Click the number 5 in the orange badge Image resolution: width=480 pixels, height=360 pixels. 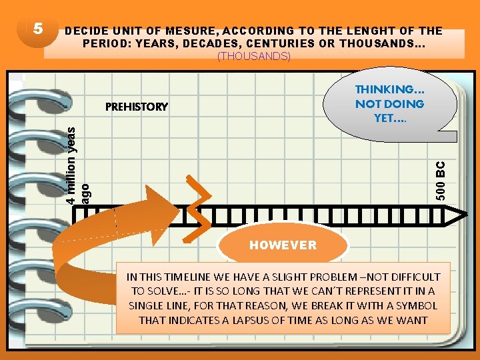coord(38,29)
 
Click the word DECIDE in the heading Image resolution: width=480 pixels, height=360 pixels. coord(86,31)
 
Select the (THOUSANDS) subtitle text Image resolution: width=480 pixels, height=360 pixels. coord(254,57)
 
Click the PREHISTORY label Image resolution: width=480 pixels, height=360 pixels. coord(137,107)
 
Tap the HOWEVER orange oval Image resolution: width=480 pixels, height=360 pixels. coord(283,245)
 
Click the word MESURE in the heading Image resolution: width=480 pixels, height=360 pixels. coord(195,31)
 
